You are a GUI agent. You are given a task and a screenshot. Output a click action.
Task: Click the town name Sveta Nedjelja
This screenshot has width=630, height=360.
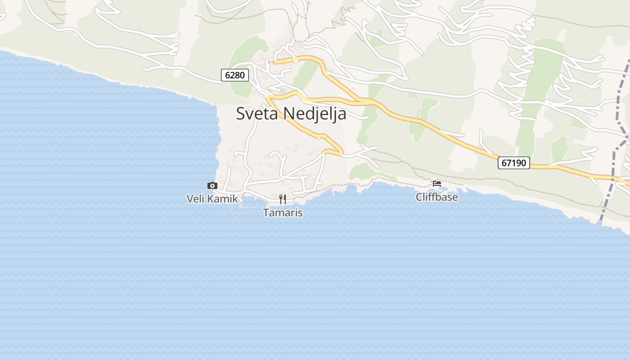[x=291, y=113]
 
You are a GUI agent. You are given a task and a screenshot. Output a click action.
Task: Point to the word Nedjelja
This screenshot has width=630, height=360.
[x=315, y=114]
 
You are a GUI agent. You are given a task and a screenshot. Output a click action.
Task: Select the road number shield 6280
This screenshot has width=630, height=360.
[x=235, y=75]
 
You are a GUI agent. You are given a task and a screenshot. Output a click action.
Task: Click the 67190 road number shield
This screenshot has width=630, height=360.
[x=513, y=163]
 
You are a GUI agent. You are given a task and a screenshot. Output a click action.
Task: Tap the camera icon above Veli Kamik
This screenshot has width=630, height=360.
[x=212, y=185]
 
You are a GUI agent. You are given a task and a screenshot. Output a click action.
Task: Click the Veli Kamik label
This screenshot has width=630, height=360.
[x=212, y=198]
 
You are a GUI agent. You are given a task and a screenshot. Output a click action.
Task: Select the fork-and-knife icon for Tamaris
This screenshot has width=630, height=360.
[x=283, y=199]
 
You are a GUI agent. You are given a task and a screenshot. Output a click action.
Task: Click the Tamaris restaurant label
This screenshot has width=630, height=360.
[x=283, y=212]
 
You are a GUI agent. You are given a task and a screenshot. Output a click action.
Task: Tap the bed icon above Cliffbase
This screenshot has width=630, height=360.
[x=436, y=184]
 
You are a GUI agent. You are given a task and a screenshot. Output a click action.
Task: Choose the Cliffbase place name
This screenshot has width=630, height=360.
[x=436, y=197]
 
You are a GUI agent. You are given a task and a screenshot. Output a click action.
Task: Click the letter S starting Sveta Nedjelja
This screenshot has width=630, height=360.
[x=241, y=113]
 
